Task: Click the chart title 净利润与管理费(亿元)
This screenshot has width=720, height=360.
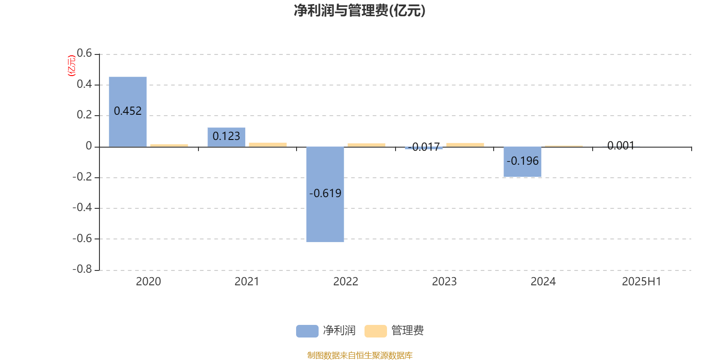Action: tap(360, 11)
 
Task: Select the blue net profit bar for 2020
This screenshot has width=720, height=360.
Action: tap(128, 112)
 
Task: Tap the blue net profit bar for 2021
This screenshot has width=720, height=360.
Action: tap(226, 137)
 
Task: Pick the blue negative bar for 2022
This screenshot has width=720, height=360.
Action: tap(325, 194)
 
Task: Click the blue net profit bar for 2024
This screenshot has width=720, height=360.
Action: tap(522, 162)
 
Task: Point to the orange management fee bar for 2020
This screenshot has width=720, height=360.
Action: tap(169, 146)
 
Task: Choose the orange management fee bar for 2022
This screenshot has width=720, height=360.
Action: tap(366, 145)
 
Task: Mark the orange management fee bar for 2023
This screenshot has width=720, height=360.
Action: tap(465, 145)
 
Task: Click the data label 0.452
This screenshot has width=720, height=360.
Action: tap(128, 111)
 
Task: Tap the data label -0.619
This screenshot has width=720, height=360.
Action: tap(325, 193)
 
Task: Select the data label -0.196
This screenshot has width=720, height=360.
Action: tap(522, 161)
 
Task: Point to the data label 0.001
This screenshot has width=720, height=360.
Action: tap(621, 146)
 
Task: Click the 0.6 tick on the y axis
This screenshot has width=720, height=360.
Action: tap(84, 53)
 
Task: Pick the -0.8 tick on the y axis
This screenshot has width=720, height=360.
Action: tap(82, 269)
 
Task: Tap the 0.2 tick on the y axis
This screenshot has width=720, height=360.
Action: tap(84, 115)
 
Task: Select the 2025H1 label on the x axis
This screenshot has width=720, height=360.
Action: tap(642, 282)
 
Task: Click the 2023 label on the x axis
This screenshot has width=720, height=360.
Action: tap(444, 282)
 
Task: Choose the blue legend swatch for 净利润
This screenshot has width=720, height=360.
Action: tap(307, 331)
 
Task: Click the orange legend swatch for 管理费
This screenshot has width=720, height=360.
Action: tap(375, 331)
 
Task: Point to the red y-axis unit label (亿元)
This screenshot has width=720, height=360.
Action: tap(72, 66)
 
